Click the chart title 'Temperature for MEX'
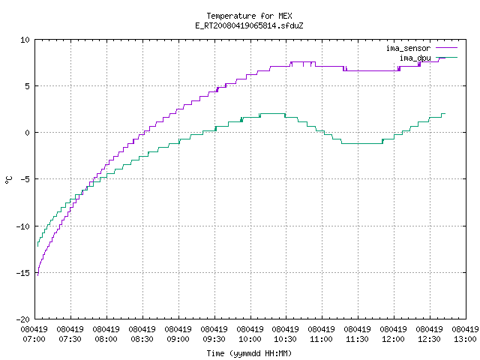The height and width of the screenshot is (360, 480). click(249, 16)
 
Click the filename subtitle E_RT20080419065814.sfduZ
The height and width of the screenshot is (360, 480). click(249, 25)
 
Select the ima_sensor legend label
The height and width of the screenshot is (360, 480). click(408, 48)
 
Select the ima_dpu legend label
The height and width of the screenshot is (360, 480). click(415, 58)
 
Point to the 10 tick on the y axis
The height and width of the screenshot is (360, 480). click(25, 40)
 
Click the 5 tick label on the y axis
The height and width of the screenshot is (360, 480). click(27, 86)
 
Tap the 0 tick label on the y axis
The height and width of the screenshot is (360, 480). click(27, 133)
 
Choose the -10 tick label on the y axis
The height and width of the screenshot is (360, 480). click(23, 226)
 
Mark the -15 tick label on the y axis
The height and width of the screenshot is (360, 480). click(23, 273)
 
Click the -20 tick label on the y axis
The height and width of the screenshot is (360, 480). click(23, 319)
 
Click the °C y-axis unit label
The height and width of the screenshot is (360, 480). click(8, 180)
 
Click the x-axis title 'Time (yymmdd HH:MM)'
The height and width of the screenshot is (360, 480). click(249, 353)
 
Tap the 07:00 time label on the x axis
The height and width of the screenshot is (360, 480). click(34, 339)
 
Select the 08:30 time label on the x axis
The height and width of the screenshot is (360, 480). click(142, 339)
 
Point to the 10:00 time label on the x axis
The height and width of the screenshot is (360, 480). click(250, 339)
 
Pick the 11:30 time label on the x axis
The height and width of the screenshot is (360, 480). click(357, 339)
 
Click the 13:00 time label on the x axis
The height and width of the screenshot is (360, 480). click(465, 339)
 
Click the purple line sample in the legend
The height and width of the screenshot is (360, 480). click(447, 48)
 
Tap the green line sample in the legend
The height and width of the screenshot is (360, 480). click(447, 57)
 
